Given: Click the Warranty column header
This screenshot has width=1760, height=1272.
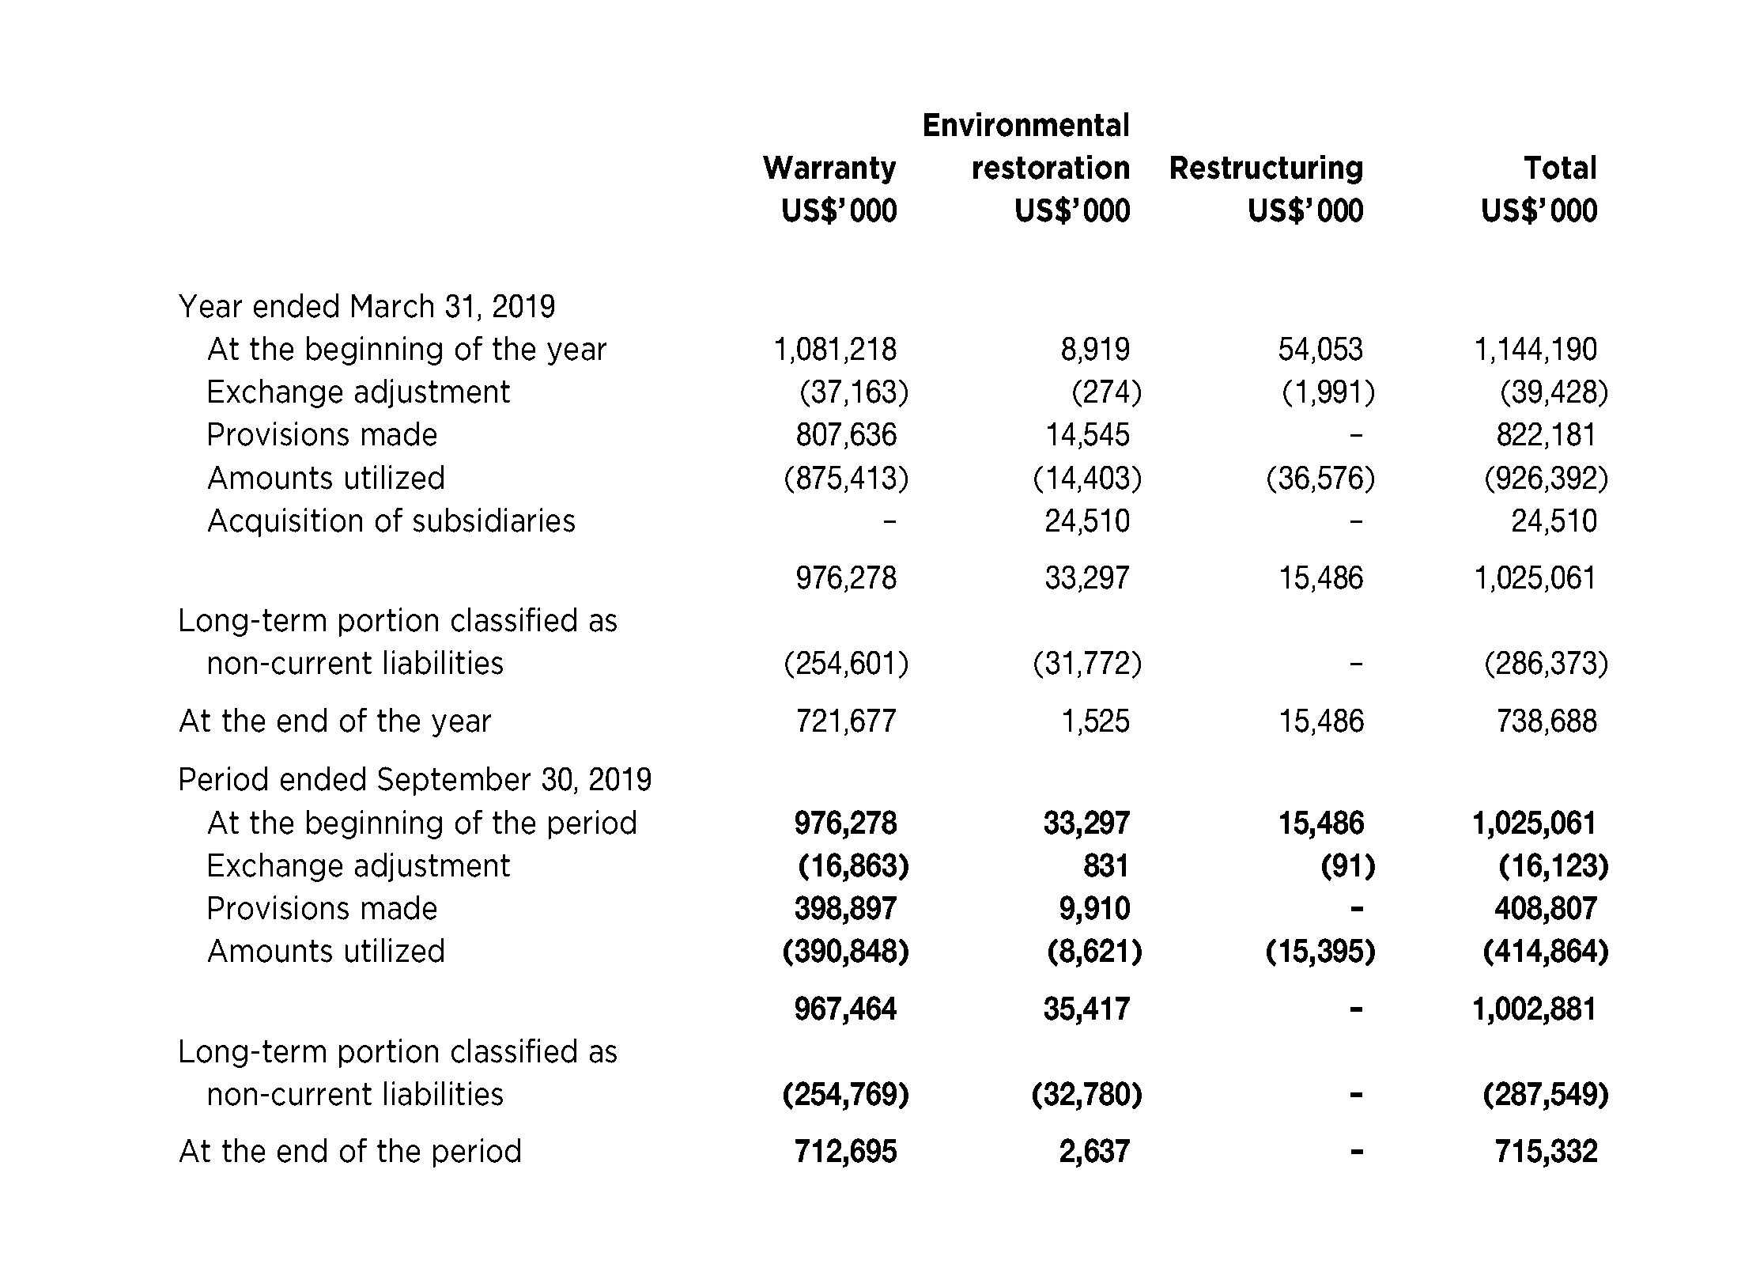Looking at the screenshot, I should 829,168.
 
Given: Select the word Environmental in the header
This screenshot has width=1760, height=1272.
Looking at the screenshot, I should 1025,126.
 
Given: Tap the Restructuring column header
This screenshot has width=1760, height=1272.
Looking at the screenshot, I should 1266,168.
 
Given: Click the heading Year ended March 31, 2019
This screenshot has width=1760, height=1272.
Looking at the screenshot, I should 367,306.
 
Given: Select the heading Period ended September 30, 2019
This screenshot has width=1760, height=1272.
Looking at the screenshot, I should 415,780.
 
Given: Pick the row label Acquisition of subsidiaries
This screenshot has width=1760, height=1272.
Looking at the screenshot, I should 391,521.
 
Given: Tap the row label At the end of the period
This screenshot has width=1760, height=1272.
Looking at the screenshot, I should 350,1152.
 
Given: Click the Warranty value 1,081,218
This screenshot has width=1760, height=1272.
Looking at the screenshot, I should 835,350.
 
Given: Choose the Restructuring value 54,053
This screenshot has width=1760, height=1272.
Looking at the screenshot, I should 1320,350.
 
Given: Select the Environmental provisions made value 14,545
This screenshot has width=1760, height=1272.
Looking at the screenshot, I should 1087,435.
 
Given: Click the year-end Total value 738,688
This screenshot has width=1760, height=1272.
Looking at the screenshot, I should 1547,721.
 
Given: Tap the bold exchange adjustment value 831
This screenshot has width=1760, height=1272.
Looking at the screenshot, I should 1106,866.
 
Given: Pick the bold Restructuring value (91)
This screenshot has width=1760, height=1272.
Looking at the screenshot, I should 1348,866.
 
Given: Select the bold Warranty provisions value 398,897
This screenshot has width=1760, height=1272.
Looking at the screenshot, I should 845,909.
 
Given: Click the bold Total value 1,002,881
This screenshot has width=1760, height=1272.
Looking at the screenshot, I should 1534,1009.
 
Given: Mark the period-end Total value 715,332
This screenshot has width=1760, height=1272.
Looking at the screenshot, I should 1546,1152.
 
